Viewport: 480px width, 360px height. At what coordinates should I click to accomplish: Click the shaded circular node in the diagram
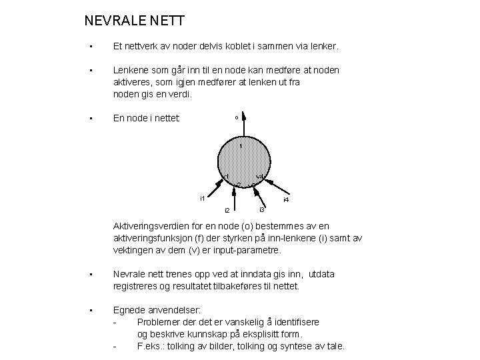click(x=243, y=162)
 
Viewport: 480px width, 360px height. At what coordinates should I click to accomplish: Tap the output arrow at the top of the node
click(x=244, y=126)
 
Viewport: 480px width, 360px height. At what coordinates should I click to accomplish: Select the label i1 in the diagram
click(x=202, y=198)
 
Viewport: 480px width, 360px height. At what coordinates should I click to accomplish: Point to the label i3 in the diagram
click(x=262, y=210)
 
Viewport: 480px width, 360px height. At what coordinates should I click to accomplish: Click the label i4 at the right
click(x=285, y=199)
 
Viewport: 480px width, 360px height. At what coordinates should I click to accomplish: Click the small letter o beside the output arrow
click(x=236, y=118)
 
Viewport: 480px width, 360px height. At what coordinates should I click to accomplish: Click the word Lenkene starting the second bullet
click(x=131, y=69)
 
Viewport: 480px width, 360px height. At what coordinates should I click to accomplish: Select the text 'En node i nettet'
click(x=146, y=119)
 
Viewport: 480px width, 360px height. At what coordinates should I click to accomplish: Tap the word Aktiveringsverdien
click(x=155, y=226)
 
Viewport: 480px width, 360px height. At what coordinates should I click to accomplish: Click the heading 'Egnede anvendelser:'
click(x=155, y=310)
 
